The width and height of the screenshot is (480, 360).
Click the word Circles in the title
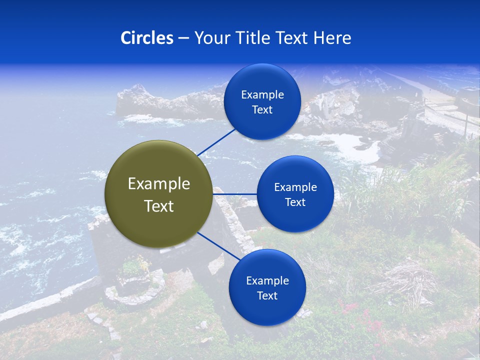(x=147, y=38)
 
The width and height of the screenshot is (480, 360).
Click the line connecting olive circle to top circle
(x=216, y=141)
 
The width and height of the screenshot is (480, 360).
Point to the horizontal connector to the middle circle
(x=235, y=194)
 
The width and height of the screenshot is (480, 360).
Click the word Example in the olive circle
(x=159, y=184)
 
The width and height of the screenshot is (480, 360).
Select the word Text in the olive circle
(x=159, y=206)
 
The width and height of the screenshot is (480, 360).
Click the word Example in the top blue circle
(x=262, y=95)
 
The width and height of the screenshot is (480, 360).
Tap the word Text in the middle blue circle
(x=295, y=202)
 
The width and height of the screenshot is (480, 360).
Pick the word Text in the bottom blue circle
(x=267, y=296)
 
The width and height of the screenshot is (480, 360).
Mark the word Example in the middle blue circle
(x=295, y=187)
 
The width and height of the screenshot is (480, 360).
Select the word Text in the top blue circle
(x=262, y=110)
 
